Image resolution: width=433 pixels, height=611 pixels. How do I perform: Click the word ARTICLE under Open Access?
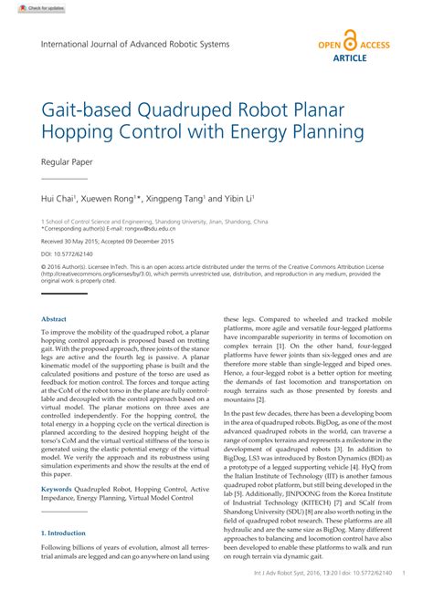click(351, 57)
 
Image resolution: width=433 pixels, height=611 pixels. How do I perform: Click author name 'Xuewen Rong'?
click(113, 197)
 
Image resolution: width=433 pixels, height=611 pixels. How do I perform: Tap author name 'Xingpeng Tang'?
click(177, 197)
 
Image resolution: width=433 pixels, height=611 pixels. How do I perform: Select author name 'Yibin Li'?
click(236, 197)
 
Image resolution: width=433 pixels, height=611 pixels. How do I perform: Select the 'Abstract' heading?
click(54, 318)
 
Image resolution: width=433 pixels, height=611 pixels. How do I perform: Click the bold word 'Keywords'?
click(57, 489)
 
